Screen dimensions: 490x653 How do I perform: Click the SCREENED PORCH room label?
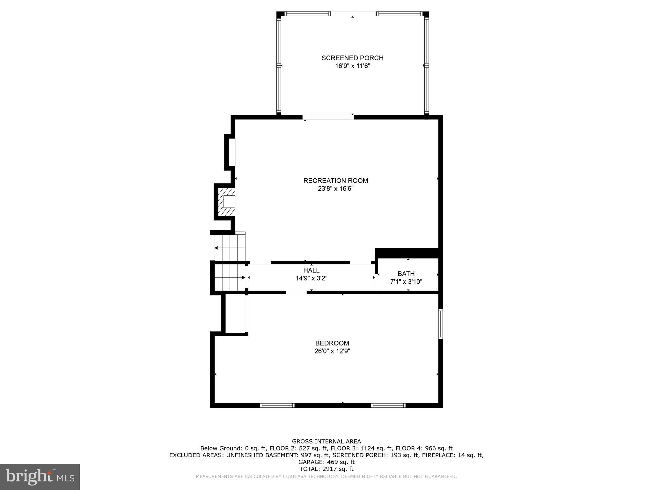coord(352,58)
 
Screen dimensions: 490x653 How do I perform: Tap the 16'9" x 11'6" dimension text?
coord(352,66)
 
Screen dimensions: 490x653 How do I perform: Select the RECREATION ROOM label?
coord(335,181)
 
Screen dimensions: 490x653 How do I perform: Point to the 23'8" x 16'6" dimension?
coord(335,189)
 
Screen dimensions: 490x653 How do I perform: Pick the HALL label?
coord(311,270)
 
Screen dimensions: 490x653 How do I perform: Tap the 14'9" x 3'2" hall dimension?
coord(311,278)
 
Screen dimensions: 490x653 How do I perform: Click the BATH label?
coord(406,274)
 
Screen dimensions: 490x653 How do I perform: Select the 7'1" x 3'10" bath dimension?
coord(406,282)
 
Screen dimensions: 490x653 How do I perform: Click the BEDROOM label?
coord(332,343)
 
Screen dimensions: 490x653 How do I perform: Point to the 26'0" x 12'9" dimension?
coord(332,351)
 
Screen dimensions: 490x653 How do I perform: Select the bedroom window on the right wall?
coord(440,323)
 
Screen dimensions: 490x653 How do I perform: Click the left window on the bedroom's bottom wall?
coord(277,405)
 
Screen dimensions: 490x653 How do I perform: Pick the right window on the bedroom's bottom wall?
coord(388,405)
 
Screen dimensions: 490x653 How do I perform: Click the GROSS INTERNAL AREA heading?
coord(326,442)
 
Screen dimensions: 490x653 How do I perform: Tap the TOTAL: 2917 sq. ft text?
coord(326,469)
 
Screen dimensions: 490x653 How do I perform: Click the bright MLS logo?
coord(40,477)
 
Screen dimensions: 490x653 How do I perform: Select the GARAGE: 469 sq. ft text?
coord(326,462)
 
